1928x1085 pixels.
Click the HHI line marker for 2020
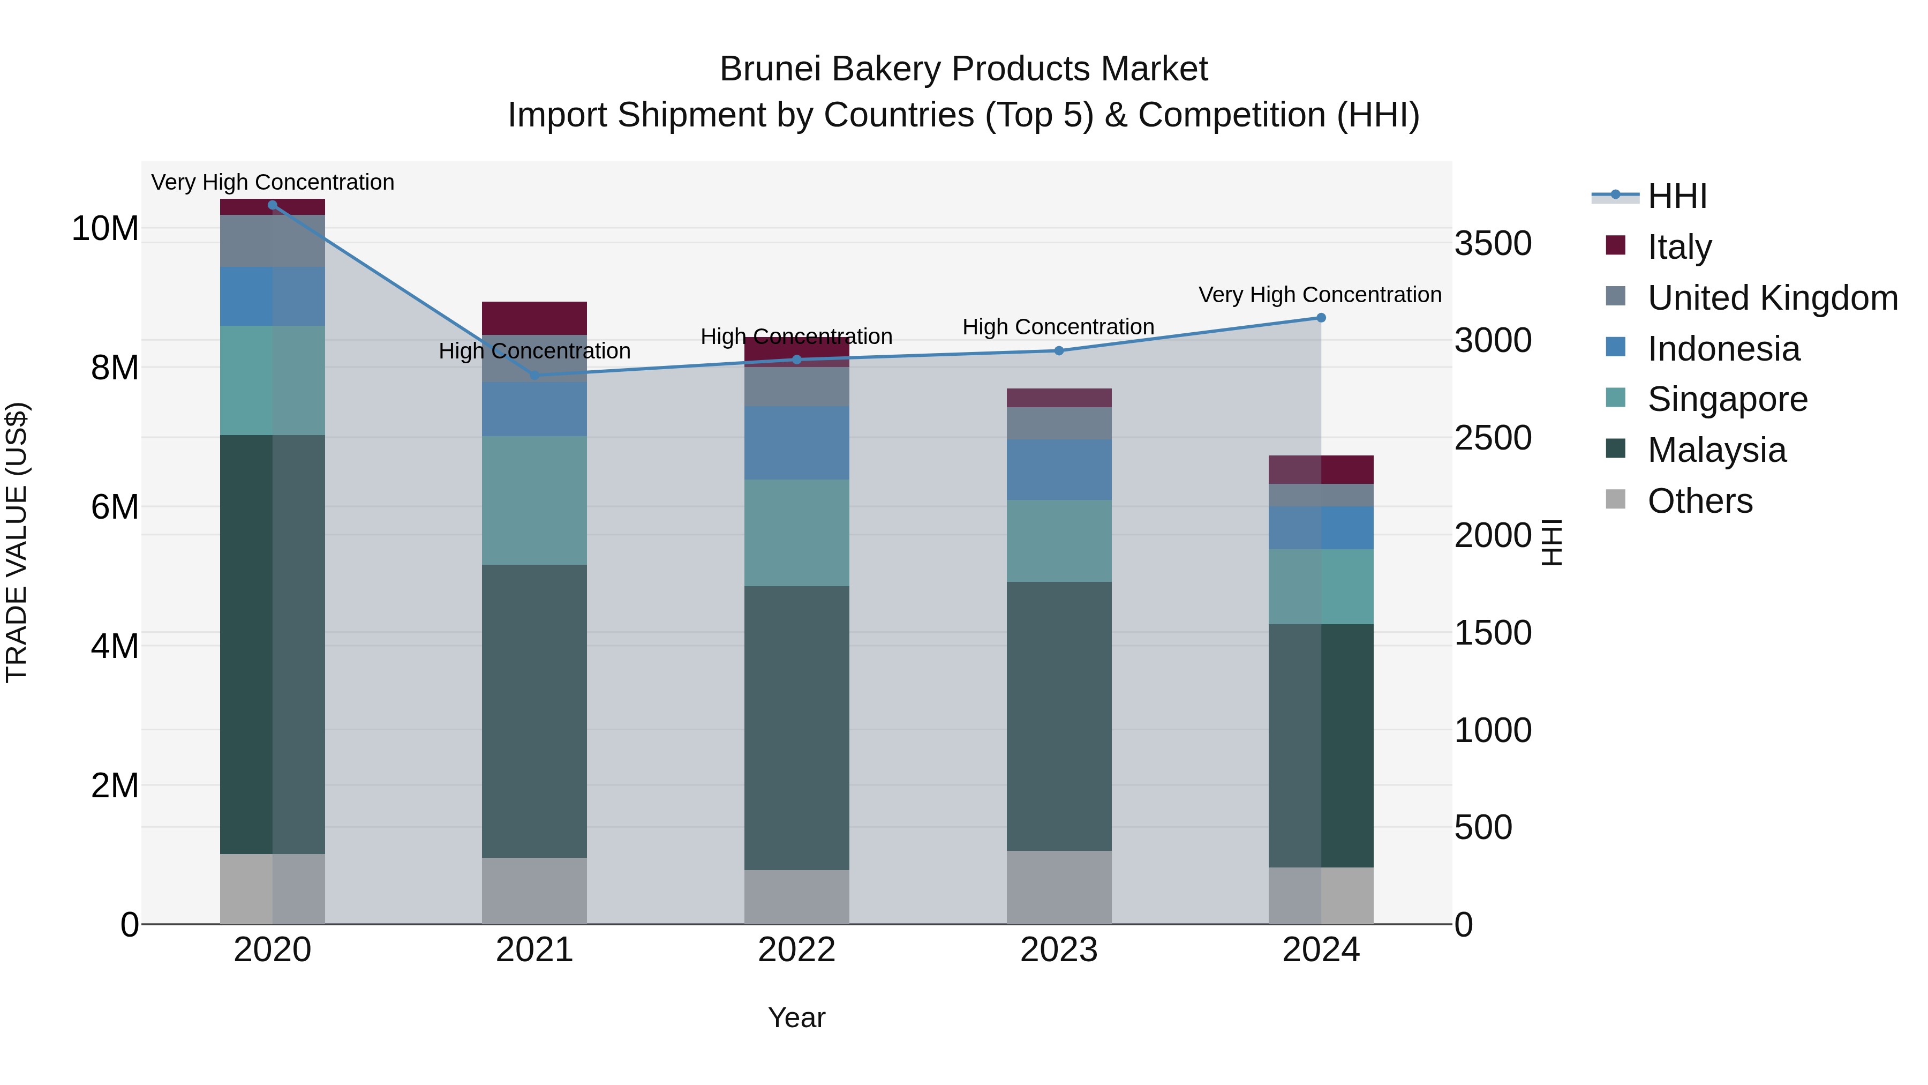coord(273,205)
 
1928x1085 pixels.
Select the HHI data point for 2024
coord(1321,318)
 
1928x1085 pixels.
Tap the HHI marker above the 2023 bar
coord(1059,350)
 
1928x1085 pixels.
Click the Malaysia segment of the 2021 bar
coord(534,712)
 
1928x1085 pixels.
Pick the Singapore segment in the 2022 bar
coord(796,533)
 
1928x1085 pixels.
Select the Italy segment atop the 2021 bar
coord(534,318)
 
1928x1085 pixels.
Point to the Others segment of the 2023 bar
coord(1059,887)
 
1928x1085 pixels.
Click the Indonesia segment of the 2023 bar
coord(1059,469)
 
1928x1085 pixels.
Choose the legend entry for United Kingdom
coord(1772,298)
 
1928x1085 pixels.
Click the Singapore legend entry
coord(1727,399)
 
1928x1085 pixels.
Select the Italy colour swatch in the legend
coord(1616,245)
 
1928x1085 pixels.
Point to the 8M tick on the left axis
coord(115,368)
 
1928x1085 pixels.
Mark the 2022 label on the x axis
coord(796,950)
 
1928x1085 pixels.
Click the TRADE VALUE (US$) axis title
coord(17,542)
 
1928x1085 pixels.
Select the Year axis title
coord(796,1017)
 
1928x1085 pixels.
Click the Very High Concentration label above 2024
coord(1320,295)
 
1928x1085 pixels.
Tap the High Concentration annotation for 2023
coord(1058,327)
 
